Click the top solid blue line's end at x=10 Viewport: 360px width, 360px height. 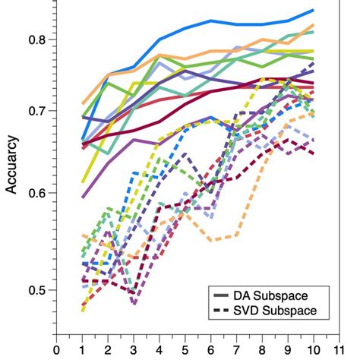click(314, 10)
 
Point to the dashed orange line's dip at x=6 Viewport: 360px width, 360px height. click(211, 240)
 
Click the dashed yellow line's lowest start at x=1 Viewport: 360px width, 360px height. click(82, 311)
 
